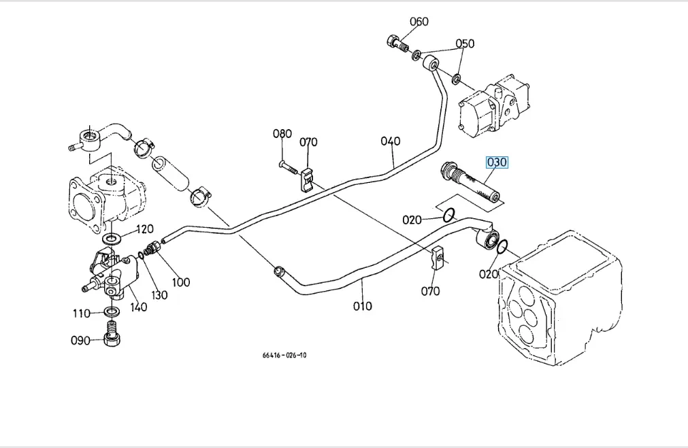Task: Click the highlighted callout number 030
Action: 497,162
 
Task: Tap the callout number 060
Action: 419,22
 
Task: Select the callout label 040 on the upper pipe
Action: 391,141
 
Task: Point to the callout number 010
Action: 363,306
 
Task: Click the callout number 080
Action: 282,134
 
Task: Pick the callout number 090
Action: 80,340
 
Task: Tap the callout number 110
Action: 82,313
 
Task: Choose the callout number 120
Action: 145,229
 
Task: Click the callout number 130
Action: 159,295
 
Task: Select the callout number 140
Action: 138,307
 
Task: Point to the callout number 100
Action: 180,281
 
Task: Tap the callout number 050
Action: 465,44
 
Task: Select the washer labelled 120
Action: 112,239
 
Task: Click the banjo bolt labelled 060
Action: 397,43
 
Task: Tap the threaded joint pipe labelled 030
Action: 471,184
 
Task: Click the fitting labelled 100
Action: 152,247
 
